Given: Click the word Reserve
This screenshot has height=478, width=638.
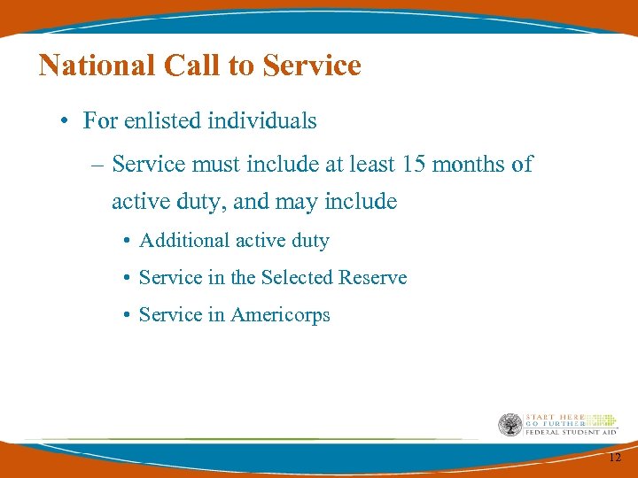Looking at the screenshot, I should point(373,278).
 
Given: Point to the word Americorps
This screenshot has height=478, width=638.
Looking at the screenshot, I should point(280,315).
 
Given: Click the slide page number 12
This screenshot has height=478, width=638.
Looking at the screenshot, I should point(615,458).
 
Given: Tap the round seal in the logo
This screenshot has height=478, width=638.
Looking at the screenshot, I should point(510,424).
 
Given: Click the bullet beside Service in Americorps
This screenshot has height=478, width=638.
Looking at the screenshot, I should point(128,316).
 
